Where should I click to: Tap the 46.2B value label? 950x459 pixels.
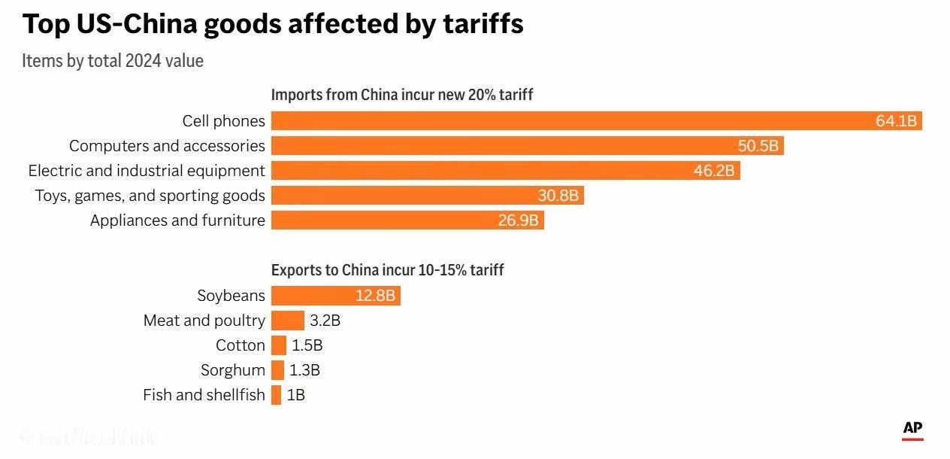713,171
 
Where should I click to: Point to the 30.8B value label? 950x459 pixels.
558,196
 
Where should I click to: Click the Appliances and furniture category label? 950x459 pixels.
177,220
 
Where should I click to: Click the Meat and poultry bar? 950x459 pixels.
288,321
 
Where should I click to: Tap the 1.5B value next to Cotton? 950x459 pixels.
307,345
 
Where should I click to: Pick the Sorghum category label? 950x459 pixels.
233,370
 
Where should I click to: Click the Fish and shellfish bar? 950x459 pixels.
277,395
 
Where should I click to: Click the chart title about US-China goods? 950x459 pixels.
273,24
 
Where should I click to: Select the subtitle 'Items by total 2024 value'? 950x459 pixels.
113,61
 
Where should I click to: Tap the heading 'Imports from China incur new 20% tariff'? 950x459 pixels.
402,95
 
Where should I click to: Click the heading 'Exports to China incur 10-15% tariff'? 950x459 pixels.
387,269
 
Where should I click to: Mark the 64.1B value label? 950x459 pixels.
896,121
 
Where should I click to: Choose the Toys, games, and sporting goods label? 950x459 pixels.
150,196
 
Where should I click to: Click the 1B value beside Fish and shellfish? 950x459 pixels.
295,395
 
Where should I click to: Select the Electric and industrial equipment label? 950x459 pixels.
147,171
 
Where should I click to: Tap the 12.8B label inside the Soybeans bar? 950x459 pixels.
375,296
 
